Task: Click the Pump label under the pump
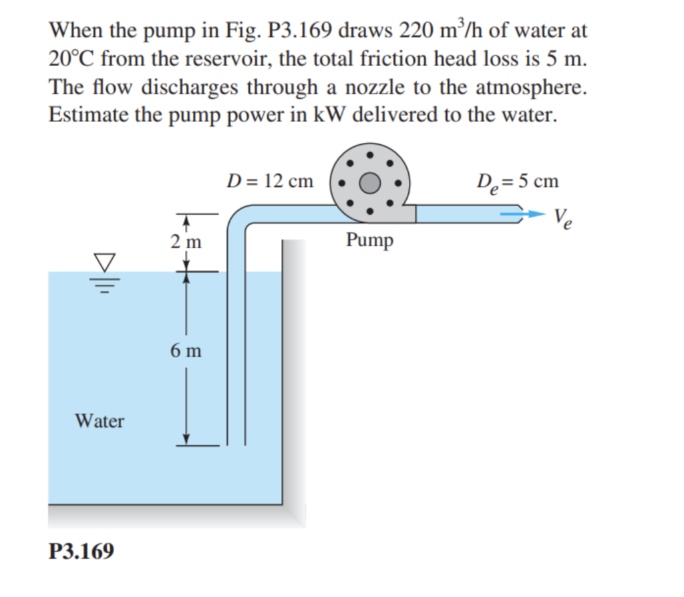[369, 240]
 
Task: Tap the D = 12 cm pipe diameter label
[269, 181]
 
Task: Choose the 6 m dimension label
[185, 350]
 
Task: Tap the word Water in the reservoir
[100, 421]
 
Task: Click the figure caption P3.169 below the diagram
[81, 552]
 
